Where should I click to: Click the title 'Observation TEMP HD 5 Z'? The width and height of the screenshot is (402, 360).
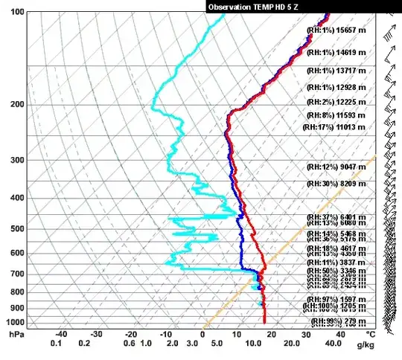click(254, 5)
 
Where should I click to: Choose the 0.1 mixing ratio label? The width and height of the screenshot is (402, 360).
click(55, 344)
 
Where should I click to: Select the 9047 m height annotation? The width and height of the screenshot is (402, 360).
click(353, 165)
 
